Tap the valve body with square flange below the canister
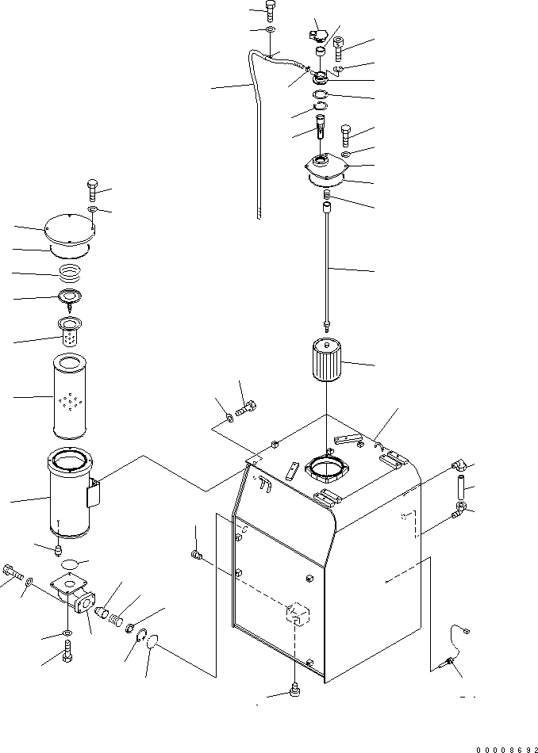pos(74,595)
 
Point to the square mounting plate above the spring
pos(325,170)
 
